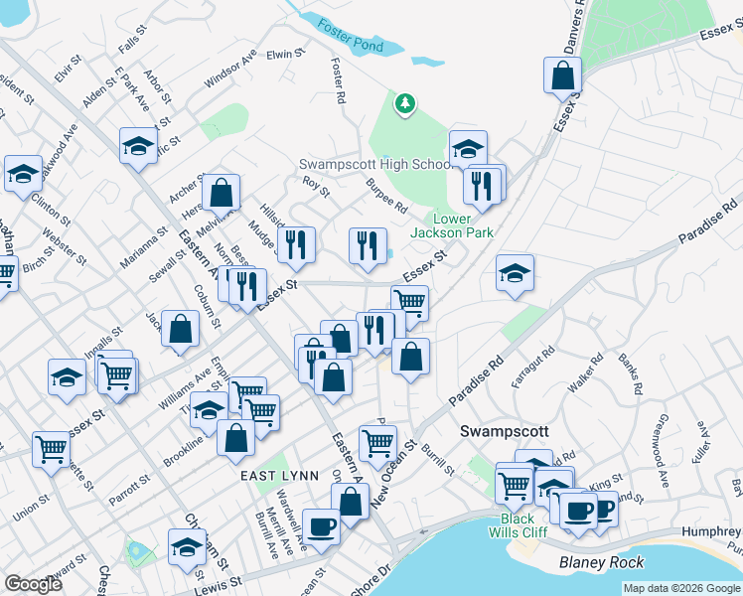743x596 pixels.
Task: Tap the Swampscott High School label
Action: point(376,164)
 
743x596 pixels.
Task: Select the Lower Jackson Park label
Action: point(464,225)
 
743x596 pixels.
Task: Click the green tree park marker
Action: point(404,103)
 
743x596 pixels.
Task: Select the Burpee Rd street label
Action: point(386,197)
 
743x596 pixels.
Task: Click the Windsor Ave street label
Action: point(230,66)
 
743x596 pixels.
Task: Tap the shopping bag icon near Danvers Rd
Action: point(562,74)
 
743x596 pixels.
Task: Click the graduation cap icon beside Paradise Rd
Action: point(515,273)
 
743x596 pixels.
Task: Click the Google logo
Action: point(34,584)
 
